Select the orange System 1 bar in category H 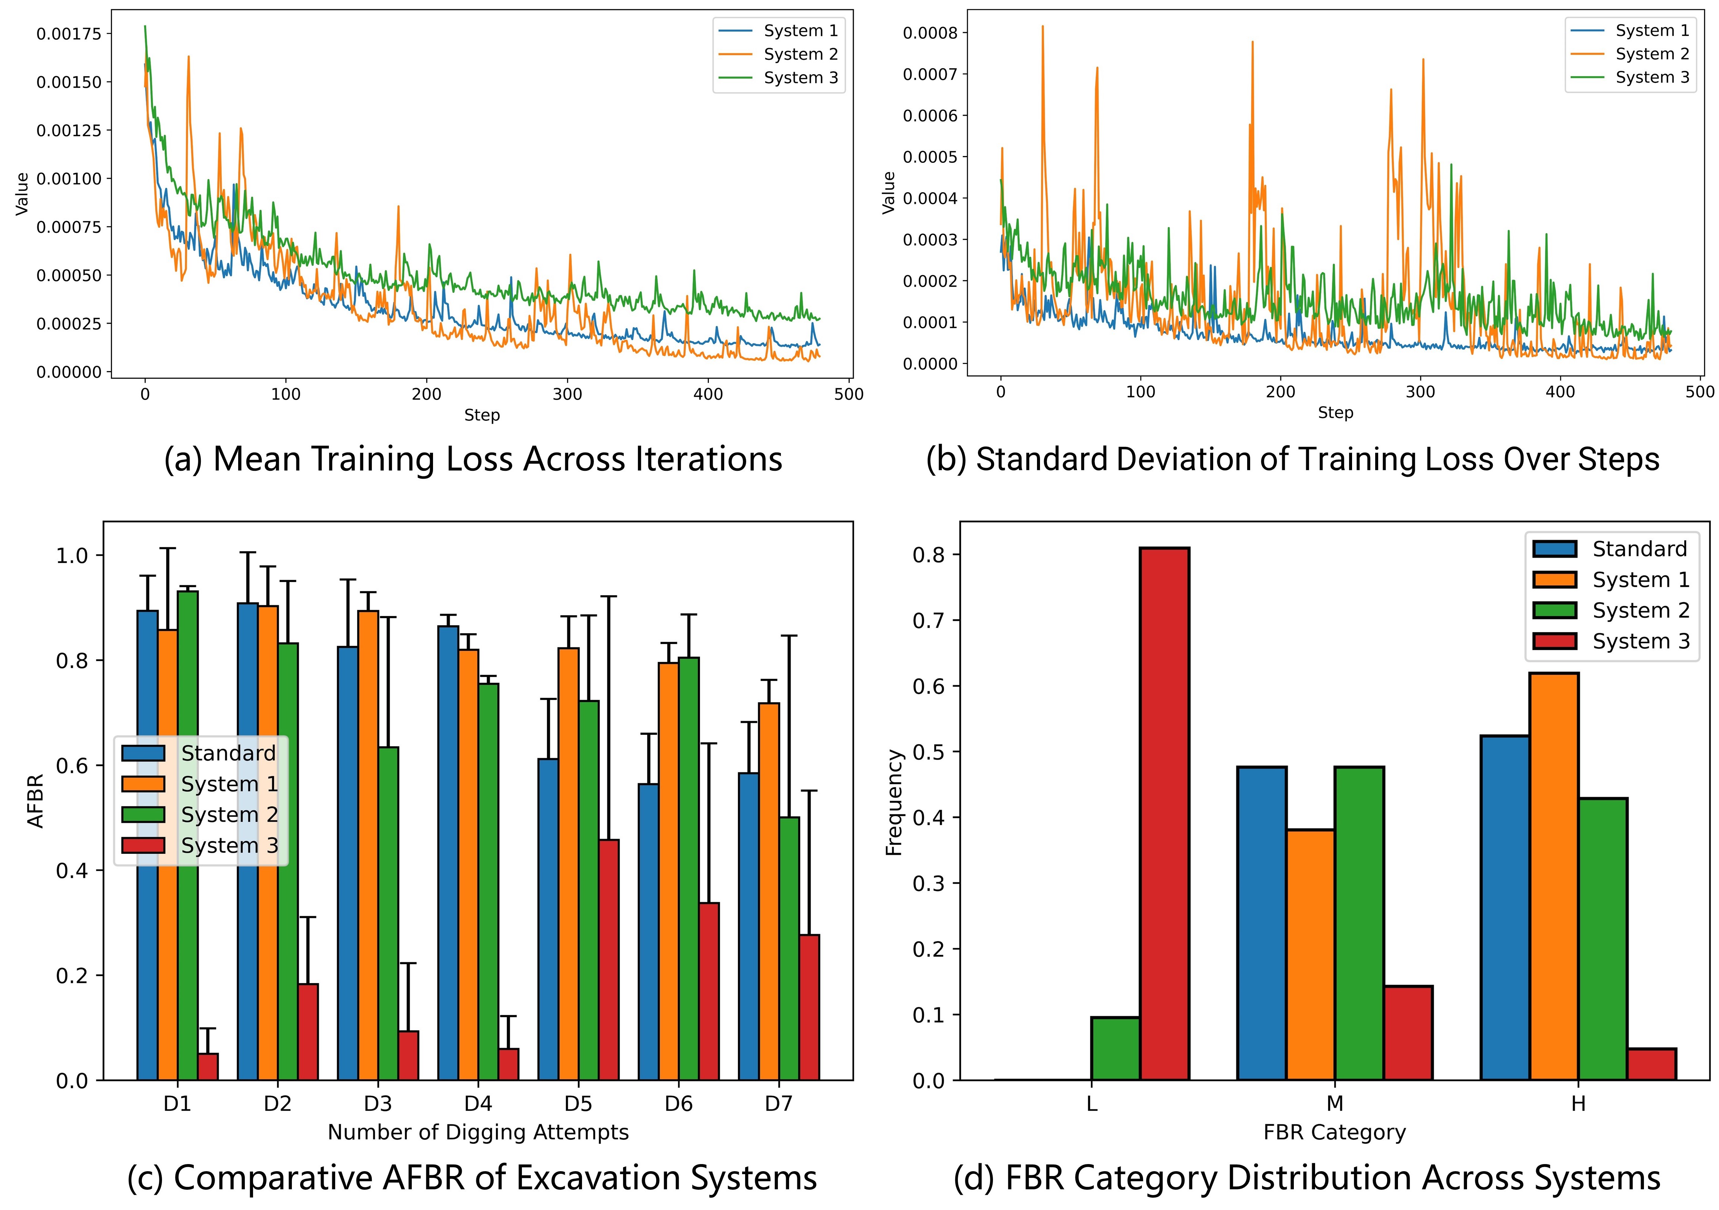point(1554,876)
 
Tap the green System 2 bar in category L point(1115,1048)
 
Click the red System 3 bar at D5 point(609,960)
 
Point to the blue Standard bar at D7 point(749,926)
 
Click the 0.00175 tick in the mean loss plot point(69,34)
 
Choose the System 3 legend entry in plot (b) point(1651,77)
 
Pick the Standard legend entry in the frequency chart point(1639,549)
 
